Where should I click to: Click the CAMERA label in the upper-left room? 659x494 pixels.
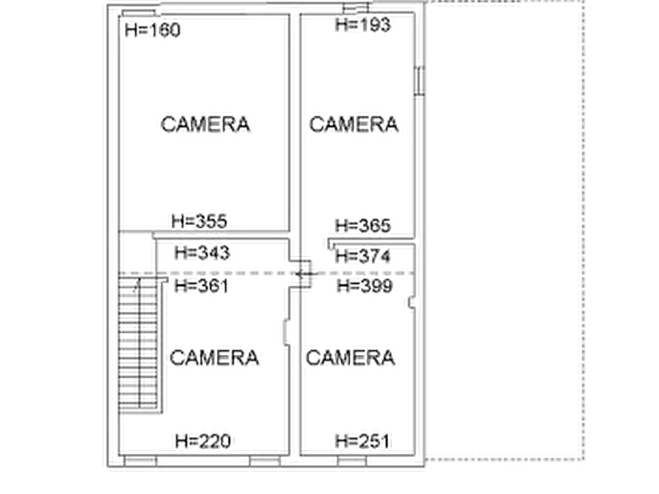(206, 124)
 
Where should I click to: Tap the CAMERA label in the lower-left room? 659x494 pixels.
(215, 357)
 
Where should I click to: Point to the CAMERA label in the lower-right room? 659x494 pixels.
(351, 358)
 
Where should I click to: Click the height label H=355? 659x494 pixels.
(201, 220)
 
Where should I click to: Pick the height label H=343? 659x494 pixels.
(204, 254)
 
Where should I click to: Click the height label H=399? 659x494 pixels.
(365, 285)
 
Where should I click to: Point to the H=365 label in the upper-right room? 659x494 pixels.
(365, 226)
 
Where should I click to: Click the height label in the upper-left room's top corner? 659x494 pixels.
(153, 31)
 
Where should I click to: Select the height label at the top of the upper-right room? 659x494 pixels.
(362, 27)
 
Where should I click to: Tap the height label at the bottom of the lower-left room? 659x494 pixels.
(204, 440)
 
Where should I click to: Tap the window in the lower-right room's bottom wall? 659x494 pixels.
(351, 460)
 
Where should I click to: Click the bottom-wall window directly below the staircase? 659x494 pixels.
(139, 460)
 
